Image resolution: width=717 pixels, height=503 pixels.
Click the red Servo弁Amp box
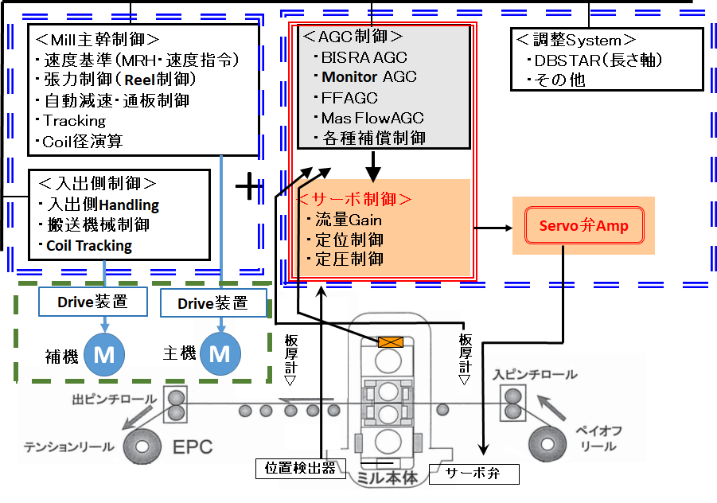[x=584, y=225]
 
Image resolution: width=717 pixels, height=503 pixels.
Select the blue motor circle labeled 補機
[x=104, y=354]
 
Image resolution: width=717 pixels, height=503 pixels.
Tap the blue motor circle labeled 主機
[x=220, y=353]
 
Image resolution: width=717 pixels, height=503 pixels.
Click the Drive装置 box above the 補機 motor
[x=93, y=302]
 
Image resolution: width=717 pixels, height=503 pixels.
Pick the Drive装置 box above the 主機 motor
[x=213, y=302]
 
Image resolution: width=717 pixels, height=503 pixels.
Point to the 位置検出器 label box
[x=301, y=468]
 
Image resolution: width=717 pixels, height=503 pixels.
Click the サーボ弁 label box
[x=474, y=474]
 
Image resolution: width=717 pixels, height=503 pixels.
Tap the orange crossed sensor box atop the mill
[x=391, y=341]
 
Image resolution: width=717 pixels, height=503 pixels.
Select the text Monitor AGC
[x=369, y=77]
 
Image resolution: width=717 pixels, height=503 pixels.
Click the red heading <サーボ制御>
[x=354, y=199]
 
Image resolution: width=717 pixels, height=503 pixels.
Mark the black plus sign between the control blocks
[x=248, y=186]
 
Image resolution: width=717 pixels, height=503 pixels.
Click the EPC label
[x=193, y=446]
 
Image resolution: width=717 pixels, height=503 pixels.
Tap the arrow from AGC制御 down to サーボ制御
[x=373, y=166]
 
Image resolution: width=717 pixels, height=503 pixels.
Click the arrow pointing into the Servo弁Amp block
[x=493, y=228]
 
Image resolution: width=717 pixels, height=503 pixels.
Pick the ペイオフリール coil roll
[x=547, y=443]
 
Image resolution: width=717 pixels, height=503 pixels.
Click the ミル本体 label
[x=387, y=478]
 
